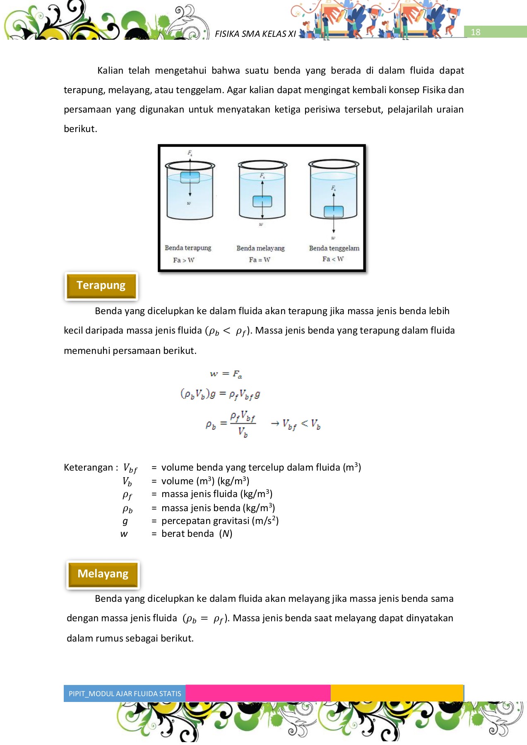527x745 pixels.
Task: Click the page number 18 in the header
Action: coord(475,32)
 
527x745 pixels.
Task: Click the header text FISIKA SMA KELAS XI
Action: coord(255,34)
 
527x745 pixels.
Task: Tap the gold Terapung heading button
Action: coord(101,286)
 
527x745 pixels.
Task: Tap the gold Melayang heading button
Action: coord(103,574)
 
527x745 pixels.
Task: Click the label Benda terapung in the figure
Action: coord(188,248)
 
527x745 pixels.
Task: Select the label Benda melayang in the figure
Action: coord(260,248)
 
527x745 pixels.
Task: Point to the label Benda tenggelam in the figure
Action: coord(334,248)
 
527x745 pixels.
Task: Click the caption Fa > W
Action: coord(183,260)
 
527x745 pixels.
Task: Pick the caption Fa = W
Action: coord(260,260)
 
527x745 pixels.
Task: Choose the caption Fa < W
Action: coord(333,259)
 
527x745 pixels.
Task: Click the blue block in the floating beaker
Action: coord(190,177)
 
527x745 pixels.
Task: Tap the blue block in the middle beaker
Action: coord(262,201)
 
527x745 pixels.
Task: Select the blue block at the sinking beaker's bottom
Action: coord(334,211)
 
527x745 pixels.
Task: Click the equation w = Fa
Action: coord(226,374)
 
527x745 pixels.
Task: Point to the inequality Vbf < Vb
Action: coord(301,424)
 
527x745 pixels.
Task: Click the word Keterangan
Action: coord(88,468)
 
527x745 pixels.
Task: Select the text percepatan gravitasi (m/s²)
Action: coord(220,521)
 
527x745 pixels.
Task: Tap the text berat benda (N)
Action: coord(197,534)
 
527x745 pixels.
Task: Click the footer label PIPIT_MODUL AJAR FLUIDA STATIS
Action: coord(125,694)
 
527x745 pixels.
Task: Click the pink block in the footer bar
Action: coord(258,693)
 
